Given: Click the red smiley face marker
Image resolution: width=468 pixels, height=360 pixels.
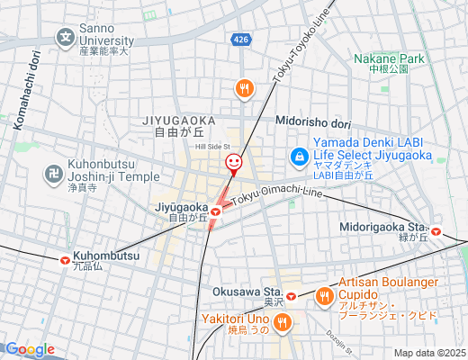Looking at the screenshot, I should point(233,163).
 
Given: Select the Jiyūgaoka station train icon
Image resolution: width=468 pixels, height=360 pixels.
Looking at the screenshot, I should point(216,212).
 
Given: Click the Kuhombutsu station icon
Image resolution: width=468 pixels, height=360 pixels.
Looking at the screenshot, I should point(65,260).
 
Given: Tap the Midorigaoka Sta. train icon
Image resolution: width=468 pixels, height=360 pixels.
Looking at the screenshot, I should point(436,230).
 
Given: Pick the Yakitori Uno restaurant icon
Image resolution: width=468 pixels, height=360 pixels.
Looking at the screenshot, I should point(283,322).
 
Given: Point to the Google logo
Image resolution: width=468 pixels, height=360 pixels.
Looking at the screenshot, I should point(29,349).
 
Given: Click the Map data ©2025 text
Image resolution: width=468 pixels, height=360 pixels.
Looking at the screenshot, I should point(429,353).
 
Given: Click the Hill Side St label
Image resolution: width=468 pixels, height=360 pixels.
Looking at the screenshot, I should point(213,146).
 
